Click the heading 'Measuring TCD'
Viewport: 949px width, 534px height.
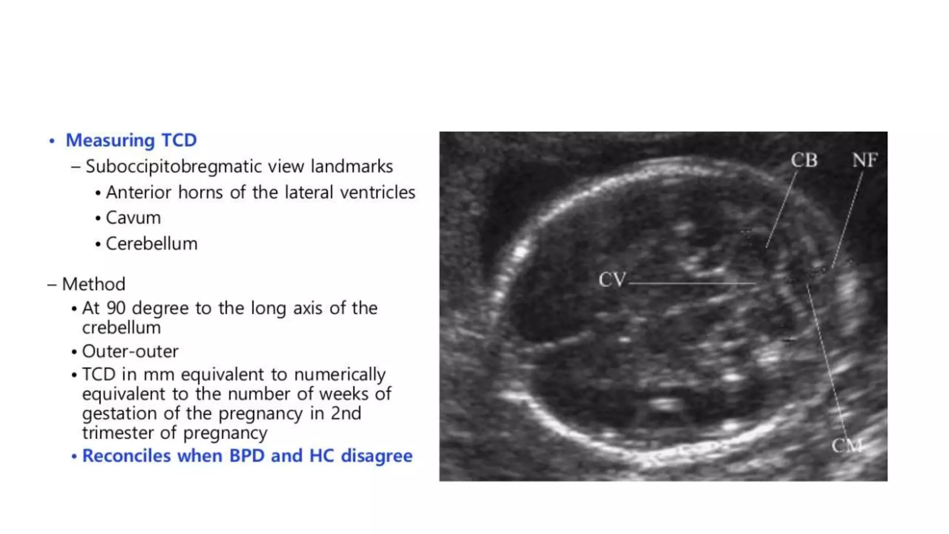coord(131,140)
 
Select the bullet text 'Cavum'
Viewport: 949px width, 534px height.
coord(133,218)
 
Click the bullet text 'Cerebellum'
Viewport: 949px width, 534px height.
coord(152,244)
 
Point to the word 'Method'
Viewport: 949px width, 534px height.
coord(94,284)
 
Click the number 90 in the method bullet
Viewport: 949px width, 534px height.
coord(116,308)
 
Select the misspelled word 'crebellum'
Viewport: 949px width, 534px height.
coord(121,328)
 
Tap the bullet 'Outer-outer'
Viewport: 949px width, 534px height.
coord(130,351)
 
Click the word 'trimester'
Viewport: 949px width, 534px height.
coord(118,433)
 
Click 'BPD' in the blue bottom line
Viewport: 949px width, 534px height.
coord(247,456)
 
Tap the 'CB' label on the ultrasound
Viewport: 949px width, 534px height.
coord(804,160)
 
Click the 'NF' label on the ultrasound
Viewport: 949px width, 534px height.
coord(865,160)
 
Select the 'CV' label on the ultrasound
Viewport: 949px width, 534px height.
coord(612,280)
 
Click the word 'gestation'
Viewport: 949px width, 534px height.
coord(119,413)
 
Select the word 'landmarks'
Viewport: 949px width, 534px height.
coord(352,166)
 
